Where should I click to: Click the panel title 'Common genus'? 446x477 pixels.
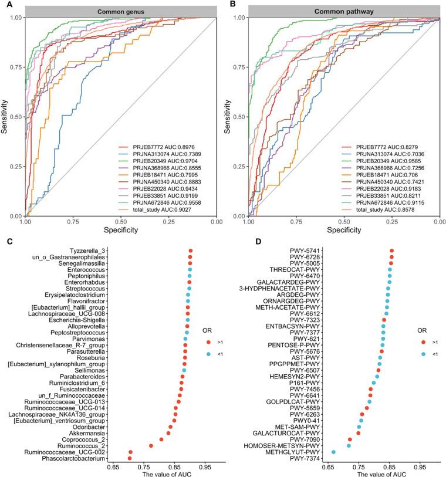coord(120,11)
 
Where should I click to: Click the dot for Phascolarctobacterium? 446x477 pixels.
coord(130,458)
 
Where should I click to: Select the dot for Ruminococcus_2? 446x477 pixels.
coord(151,446)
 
